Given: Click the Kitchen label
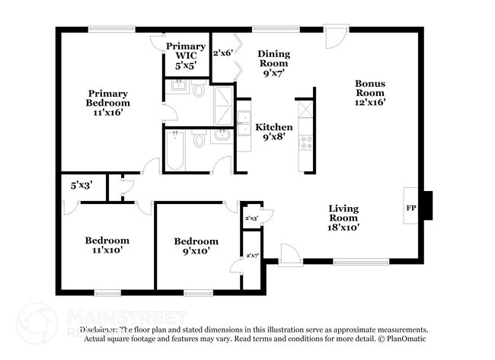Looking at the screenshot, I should (273, 126).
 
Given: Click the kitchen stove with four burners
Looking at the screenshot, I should (305, 142).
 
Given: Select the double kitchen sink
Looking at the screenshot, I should (244, 123).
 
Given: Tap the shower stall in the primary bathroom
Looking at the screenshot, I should (223, 105).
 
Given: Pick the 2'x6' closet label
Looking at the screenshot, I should (222, 53).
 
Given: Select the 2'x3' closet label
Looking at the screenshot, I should (251, 218).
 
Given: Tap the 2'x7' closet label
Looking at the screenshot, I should (251, 256).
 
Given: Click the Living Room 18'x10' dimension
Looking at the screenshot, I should (343, 226).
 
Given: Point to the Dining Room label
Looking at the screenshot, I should (273, 59).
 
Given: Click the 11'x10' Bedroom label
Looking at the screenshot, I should (106, 244).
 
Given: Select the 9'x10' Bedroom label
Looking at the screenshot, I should (195, 245).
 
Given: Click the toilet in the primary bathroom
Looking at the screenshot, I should (198, 91).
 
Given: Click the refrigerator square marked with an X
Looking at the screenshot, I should (305, 108).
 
